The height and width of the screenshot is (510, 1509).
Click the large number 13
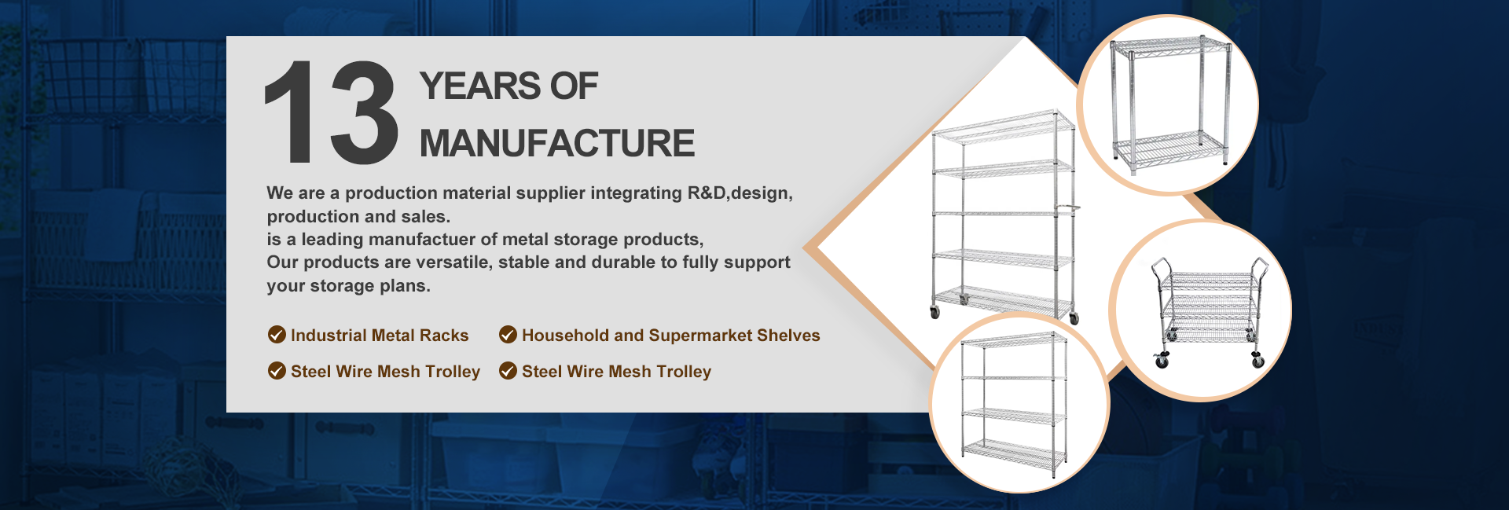point(331,113)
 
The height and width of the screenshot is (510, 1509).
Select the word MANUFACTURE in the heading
point(557,143)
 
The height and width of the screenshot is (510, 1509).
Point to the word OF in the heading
point(574,86)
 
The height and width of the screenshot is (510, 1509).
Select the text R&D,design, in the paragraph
point(740,193)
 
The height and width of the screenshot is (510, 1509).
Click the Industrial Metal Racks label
point(380,336)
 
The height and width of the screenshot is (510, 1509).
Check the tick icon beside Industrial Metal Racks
point(277,335)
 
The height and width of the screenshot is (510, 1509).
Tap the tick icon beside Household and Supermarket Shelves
point(509,335)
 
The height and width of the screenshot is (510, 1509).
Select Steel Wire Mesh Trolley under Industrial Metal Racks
point(385,372)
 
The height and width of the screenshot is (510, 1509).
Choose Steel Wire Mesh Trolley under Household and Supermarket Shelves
point(616,372)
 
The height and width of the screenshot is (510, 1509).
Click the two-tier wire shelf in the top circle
point(1169,105)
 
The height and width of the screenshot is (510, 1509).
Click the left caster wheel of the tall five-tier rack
point(934,312)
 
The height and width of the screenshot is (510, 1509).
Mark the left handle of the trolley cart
point(1158,271)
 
